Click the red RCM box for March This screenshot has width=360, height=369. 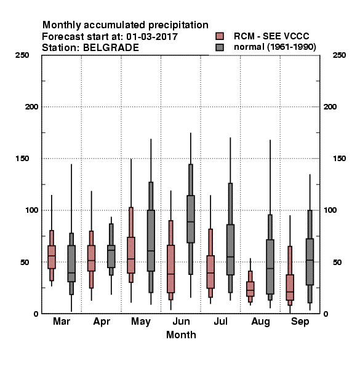(52, 257)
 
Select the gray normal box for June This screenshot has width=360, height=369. (191, 219)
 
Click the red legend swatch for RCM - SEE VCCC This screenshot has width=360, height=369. (220, 36)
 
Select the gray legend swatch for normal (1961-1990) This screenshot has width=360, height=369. (220, 47)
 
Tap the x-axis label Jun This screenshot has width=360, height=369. (181, 322)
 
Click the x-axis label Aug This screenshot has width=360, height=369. (260, 322)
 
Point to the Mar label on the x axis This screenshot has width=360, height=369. (62, 321)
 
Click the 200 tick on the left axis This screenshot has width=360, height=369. (31, 107)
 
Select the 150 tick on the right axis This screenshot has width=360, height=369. (339, 159)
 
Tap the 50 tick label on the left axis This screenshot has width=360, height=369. (25, 262)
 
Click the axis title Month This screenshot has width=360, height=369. (181, 335)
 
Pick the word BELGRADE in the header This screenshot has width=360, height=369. (111, 48)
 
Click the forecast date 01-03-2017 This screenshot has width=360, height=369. (152, 37)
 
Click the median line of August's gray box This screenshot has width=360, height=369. (270, 268)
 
